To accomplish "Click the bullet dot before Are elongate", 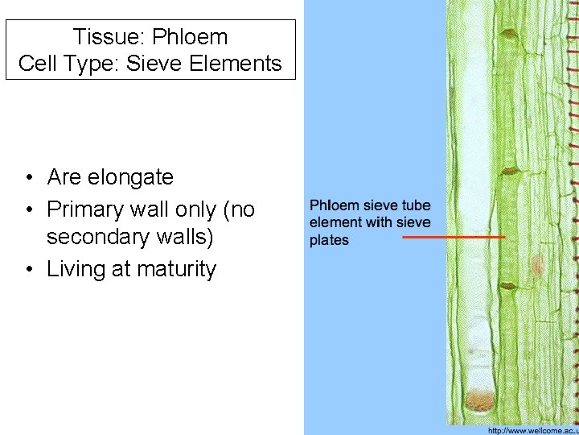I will (x=28, y=177).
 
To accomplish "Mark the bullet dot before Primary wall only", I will (x=28, y=211).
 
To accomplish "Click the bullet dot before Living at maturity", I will (x=28, y=270).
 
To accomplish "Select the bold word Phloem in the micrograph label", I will (x=332, y=205).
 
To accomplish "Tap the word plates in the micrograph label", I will (x=330, y=240).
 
